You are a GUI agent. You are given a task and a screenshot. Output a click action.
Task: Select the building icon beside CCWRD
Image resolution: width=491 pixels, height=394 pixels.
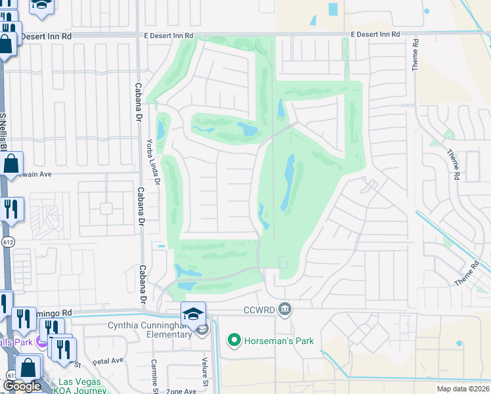point(284,308)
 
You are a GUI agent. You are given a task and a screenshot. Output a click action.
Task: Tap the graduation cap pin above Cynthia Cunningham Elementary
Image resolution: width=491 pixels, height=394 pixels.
point(194,314)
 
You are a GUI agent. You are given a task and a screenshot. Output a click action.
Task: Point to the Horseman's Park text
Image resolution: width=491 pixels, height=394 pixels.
point(279,341)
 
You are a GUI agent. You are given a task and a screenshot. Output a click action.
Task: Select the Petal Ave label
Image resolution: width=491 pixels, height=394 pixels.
point(108,361)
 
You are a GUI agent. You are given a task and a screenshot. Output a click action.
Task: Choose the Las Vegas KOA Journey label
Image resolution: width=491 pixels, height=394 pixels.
point(80,386)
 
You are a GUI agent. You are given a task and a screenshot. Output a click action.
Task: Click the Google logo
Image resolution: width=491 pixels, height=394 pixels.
point(22,386)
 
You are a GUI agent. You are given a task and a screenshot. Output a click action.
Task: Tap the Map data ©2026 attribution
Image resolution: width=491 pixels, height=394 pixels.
point(462,389)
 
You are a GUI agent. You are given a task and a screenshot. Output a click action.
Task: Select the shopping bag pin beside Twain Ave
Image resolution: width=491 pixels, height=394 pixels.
point(11,164)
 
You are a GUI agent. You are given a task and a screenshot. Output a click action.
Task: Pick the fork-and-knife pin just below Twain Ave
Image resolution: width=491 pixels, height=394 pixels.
point(11,209)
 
